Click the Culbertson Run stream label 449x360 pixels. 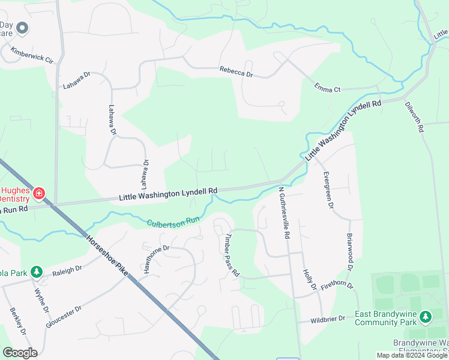click(173, 221)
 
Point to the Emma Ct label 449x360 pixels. click(327, 88)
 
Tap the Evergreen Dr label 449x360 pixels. click(328, 190)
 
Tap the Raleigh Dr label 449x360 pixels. click(66, 271)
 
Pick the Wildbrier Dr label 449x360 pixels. click(328, 319)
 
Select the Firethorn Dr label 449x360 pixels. click(337, 286)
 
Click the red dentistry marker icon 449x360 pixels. click(39, 193)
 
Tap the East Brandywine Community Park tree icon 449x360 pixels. click(426, 316)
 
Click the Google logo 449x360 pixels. click(20, 353)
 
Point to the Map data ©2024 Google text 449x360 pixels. click(412, 355)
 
